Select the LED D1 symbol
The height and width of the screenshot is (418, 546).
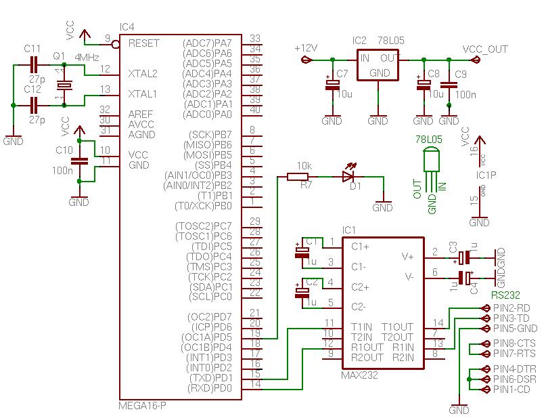[x=348, y=177]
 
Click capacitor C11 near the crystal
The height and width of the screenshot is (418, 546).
[x=32, y=65]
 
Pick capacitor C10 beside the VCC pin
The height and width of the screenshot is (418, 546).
[x=80, y=161]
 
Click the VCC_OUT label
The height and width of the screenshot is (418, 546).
[x=484, y=49]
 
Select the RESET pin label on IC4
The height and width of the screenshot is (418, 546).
[x=143, y=43]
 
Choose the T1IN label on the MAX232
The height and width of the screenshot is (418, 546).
[x=363, y=327]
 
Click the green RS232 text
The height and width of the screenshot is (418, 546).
[x=507, y=295]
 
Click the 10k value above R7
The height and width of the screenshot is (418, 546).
[x=304, y=166]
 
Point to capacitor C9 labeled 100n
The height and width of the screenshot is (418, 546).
[x=448, y=86]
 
